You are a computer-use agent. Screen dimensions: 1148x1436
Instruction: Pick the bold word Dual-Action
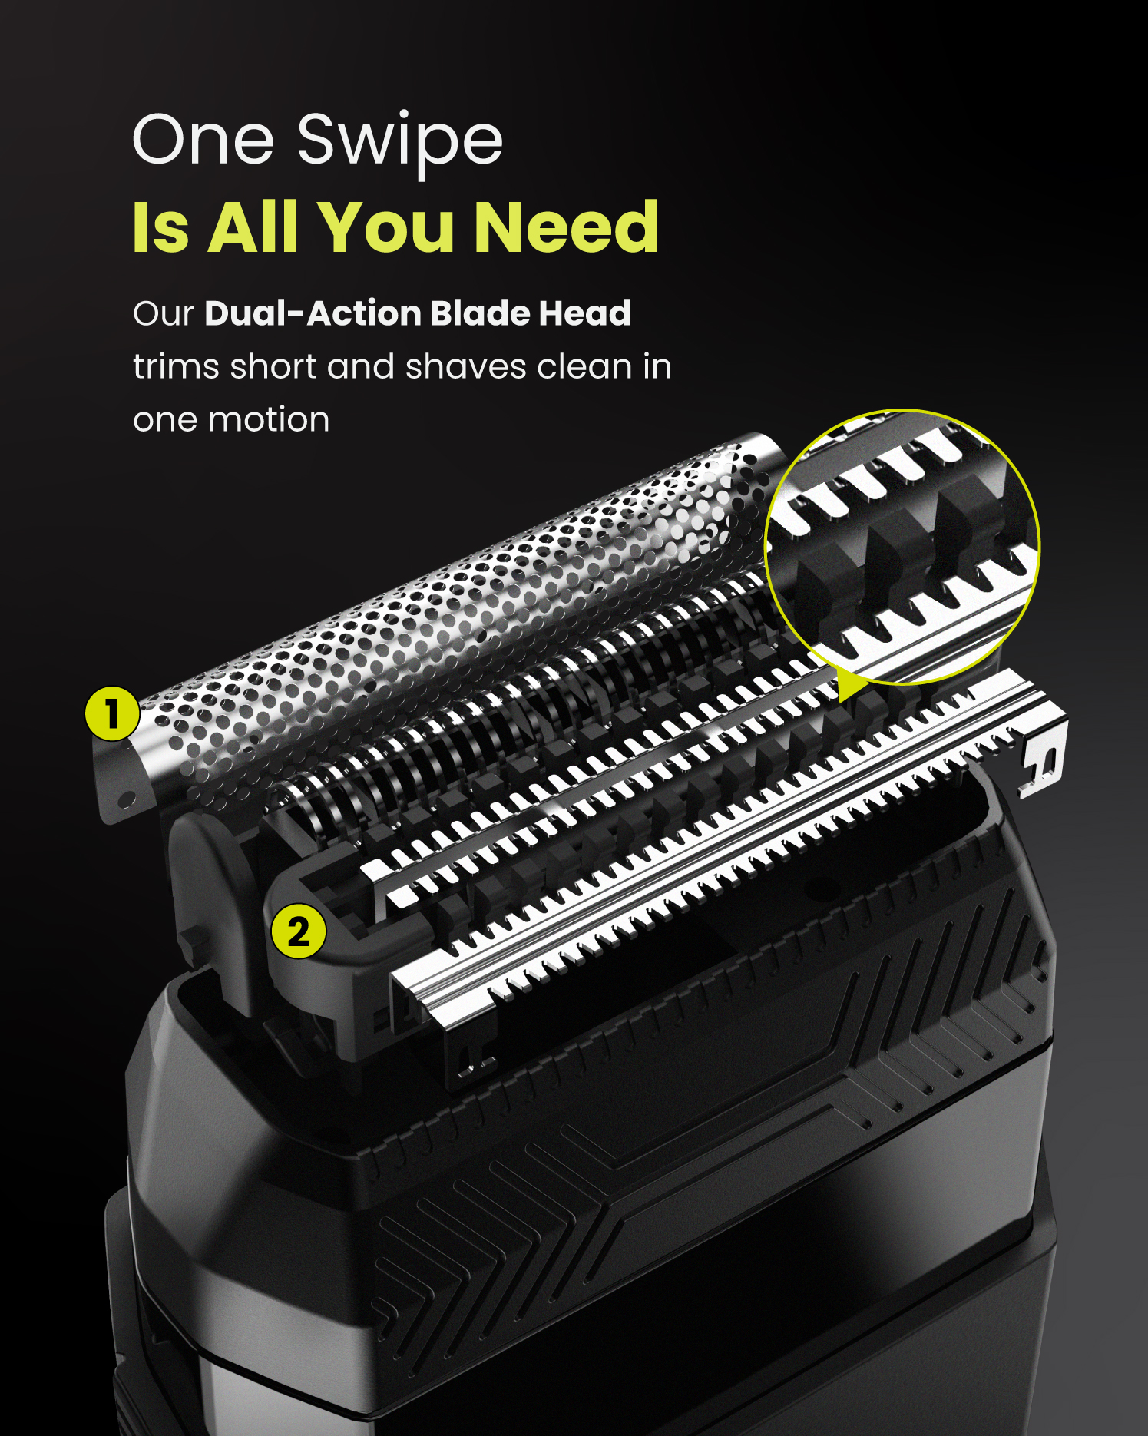(313, 313)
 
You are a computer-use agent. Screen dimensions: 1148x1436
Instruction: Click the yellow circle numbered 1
(112, 713)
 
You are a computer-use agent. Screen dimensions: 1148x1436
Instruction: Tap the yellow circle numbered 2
(298, 931)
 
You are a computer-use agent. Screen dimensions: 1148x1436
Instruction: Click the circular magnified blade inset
(902, 546)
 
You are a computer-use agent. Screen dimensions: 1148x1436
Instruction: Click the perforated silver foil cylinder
(453, 614)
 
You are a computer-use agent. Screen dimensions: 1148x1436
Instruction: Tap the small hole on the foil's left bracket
(128, 801)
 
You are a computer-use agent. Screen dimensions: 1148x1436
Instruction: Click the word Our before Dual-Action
(163, 313)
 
